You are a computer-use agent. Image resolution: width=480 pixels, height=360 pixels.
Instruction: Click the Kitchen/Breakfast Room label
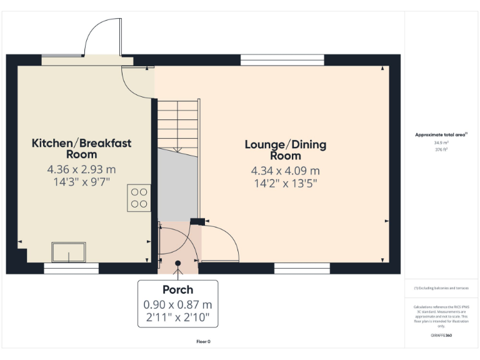click(x=82, y=149)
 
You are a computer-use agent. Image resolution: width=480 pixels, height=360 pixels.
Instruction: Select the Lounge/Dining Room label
click(x=285, y=150)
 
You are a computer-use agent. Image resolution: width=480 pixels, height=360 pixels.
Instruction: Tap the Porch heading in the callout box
click(x=177, y=290)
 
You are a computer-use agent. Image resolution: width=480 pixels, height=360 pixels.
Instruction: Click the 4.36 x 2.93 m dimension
click(x=82, y=169)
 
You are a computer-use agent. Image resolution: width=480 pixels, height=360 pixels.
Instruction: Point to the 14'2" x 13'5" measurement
click(x=285, y=184)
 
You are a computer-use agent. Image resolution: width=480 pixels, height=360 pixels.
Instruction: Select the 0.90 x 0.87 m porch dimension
click(x=177, y=304)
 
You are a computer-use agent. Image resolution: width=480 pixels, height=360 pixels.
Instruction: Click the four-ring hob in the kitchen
click(x=139, y=197)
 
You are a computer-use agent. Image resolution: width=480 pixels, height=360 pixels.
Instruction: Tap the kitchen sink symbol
click(x=69, y=252)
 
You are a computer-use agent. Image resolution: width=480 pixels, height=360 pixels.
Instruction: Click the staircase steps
click(x=177, y=125)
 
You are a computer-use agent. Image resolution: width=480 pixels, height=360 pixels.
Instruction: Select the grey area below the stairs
click(x=177, y=184)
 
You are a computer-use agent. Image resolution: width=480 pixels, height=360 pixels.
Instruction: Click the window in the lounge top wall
click(x=282, y=60)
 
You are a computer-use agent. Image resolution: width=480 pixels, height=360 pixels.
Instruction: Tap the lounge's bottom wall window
click(x=302, y=268)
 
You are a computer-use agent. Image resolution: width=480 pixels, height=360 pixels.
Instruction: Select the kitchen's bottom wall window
click(x=71, y=268)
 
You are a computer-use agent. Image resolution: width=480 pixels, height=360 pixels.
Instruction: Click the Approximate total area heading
click(x=441, y=134)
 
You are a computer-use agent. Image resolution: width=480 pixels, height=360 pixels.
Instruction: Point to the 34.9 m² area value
click(x=441, y=142)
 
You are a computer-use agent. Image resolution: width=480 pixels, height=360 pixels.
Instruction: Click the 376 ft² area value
click(x=441, y=149)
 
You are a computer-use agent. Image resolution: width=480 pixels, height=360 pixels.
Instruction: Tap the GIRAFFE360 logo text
click(x=441, y=336)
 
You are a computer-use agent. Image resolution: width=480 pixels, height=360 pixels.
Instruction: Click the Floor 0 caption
click(x=203, y=342)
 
